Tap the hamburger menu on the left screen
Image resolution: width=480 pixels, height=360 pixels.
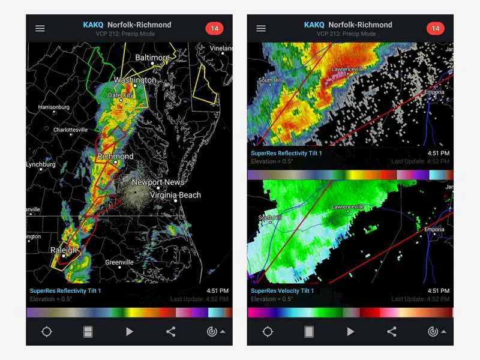point(40,28)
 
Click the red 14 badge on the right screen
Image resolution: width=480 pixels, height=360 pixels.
point(435,28)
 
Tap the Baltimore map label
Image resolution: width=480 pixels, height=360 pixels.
point(152,58)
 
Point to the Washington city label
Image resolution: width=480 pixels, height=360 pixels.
point(135,80)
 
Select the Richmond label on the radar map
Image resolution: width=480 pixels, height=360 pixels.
point(116,156)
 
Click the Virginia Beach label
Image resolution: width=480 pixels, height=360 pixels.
point(175,195)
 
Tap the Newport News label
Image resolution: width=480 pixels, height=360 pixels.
point(158,182)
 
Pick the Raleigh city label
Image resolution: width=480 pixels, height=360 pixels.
point(63,250)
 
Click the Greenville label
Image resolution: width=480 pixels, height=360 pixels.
point(119,262)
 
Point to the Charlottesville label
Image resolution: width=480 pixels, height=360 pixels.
point(70,130)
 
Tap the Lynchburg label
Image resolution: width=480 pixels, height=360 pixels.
point(41,164)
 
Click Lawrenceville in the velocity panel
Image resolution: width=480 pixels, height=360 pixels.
point(348,206)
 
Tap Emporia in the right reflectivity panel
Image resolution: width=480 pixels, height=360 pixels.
point(434,92)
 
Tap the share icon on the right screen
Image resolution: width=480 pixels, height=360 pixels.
point(392,331)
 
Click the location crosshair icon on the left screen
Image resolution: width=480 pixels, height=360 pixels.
point(47,331)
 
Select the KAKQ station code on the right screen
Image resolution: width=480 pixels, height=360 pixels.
point(314,25)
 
